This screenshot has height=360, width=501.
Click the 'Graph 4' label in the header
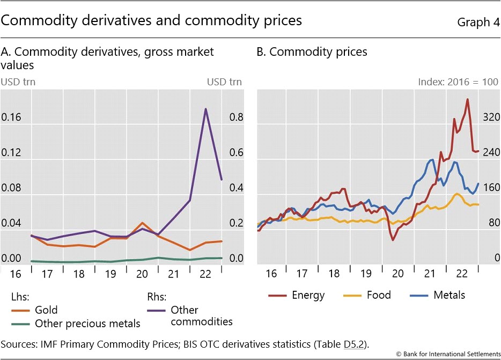click(x=477, y=23)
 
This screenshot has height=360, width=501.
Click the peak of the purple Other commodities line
click(x=205, y=109)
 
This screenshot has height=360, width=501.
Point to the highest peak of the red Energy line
click(x=468, y=99)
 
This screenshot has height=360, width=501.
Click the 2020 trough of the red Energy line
click(x=392, y=240)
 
